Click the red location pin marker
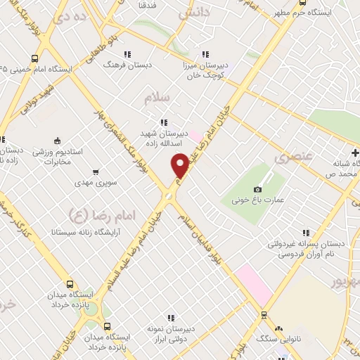pyautogui.click(x=180, y=165)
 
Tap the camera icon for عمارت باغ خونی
pyautogui.click(x=257, y=189)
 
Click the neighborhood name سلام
pyautogui.click(x=157, y=98)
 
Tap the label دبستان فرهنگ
pyautogui.click(x=127, y=64)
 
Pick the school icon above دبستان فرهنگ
pyautogui.click(x=127, y=53)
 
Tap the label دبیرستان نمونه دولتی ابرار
pyautogui.click(x=169, y=334)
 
